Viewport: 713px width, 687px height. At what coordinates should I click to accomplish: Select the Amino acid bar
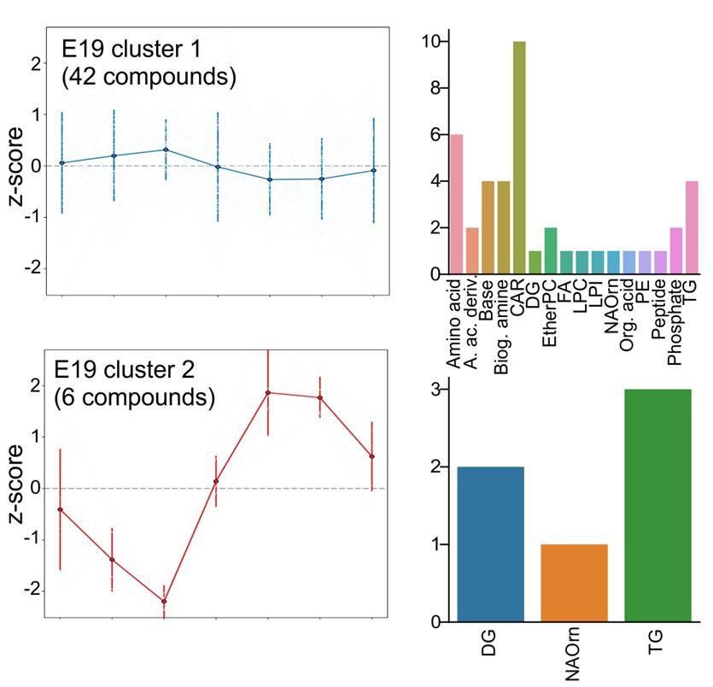tap(457, 205)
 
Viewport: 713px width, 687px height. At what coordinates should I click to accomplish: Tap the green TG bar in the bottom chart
tap(657, 505)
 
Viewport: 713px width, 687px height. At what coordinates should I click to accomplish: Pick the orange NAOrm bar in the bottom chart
tap(574, 583)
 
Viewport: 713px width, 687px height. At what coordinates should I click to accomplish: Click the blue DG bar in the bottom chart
tap(490, 544)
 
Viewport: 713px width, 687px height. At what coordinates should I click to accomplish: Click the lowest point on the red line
tap(164, 602)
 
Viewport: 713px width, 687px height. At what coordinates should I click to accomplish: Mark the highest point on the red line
tap(268, 392)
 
